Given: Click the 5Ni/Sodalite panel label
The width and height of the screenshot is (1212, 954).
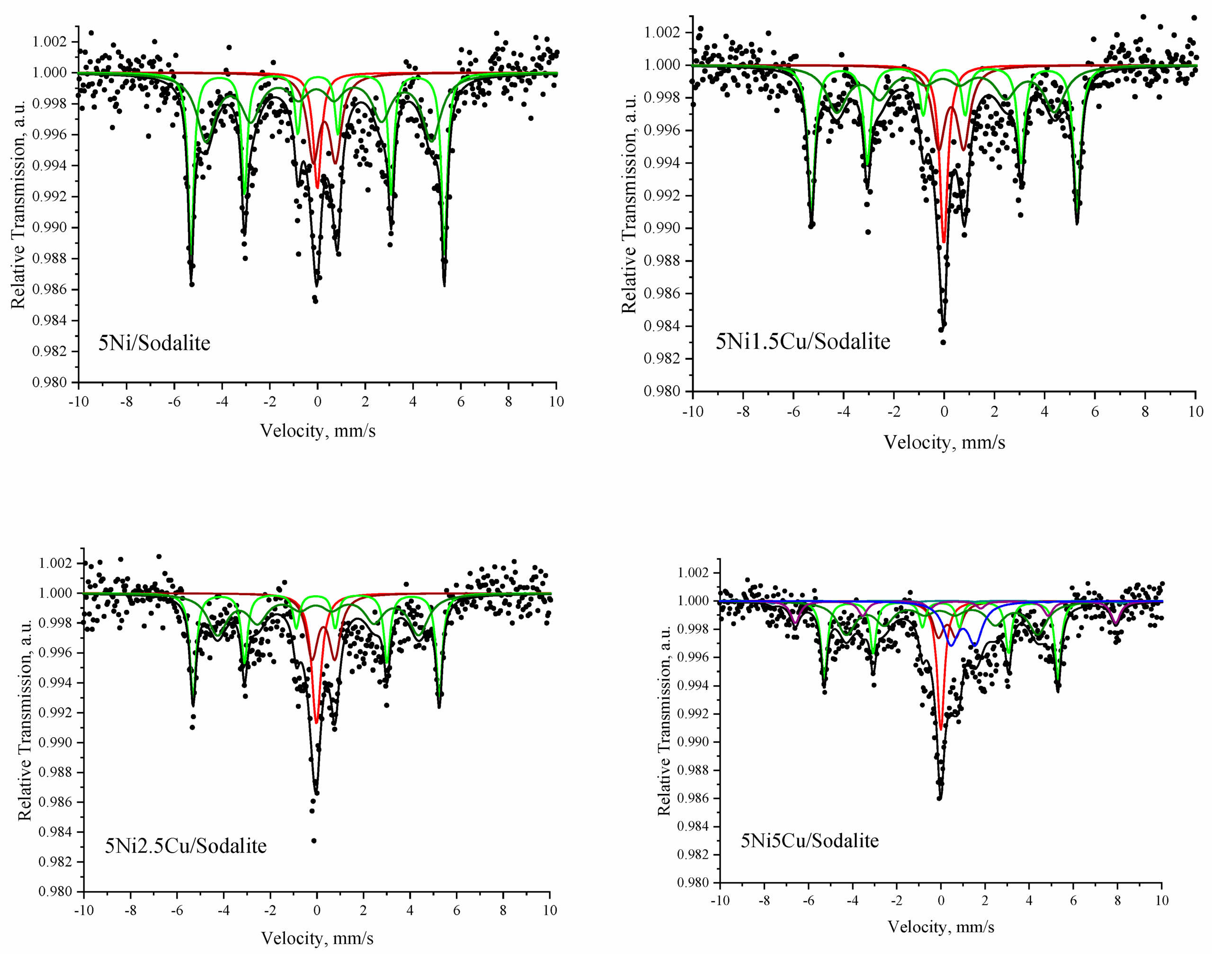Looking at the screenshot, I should point(154,343).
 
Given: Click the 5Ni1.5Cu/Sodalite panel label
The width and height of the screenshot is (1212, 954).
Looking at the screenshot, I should point(802,341).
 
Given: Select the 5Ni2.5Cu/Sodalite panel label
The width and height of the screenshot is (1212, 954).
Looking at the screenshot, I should point(186,846).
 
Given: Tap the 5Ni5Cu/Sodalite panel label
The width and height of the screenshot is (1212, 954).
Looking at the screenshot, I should point(809,841).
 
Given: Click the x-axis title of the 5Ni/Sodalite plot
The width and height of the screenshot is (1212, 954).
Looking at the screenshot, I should point(317,431).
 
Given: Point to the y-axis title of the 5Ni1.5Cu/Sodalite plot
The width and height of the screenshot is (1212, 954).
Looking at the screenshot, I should point(630,204).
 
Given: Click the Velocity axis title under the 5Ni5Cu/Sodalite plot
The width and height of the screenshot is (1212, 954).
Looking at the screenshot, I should point(941,927).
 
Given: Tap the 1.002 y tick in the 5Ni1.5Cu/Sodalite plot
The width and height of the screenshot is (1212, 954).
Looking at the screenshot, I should point(662,32).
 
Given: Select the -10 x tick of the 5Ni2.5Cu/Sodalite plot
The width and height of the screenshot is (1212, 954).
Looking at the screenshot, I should point(84,910).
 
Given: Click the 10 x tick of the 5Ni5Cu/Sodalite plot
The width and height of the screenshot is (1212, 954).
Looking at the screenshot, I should point(1161,901).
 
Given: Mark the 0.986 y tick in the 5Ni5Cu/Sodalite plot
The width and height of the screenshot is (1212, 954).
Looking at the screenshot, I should point(693,799).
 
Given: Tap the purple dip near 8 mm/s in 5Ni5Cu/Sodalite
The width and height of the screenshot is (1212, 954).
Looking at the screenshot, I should point(1116,623).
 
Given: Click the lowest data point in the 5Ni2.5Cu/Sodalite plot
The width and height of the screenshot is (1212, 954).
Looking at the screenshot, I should point(314,841).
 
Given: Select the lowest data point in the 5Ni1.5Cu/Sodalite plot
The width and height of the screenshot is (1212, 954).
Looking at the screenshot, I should point(944,342).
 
